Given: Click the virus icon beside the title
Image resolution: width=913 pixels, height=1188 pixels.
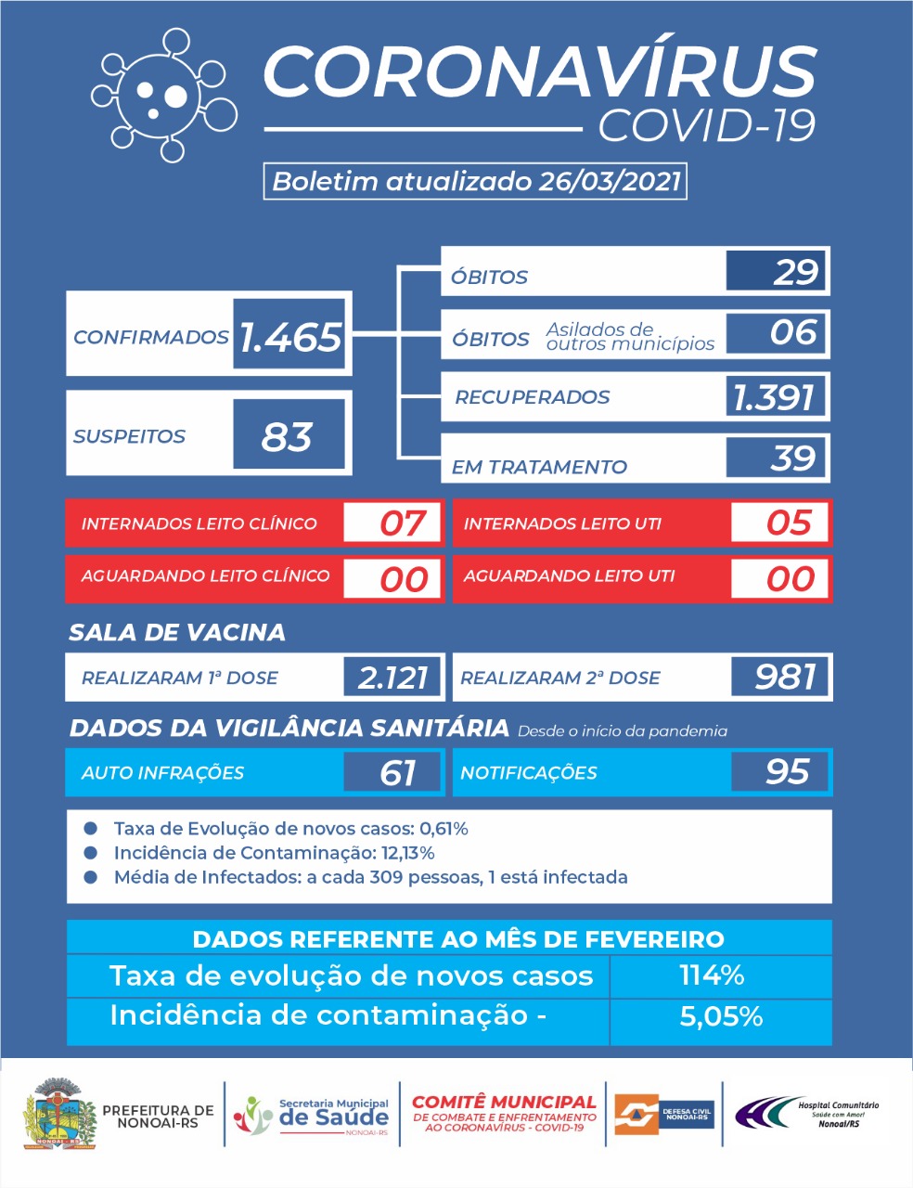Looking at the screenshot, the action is coord(164,96).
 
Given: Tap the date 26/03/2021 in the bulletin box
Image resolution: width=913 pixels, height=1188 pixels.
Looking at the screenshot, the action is coord(610,182).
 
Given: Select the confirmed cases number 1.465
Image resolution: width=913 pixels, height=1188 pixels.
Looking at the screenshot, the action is coord(290,337).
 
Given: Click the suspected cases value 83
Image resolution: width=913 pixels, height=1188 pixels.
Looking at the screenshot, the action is coord(287,437).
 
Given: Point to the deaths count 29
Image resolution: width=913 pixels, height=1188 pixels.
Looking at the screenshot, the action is coord(795,272).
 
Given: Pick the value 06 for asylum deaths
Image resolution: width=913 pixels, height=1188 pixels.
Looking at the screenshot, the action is coord(794,332).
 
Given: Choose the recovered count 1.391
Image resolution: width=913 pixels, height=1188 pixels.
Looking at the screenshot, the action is coord(773,397).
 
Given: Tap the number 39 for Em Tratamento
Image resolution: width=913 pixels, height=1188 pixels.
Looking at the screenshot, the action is coord(793,458).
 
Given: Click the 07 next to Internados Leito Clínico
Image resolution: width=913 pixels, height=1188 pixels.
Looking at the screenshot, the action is coord(404,523).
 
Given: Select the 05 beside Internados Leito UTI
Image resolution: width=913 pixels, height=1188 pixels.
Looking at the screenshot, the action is coord(790,523).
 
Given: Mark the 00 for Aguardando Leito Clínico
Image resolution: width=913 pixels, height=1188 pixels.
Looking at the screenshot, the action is coord(405,579).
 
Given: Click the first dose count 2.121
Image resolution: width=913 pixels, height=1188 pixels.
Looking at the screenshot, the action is coord(392,678).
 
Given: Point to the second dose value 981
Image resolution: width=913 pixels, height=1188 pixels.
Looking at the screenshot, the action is coord(786,677).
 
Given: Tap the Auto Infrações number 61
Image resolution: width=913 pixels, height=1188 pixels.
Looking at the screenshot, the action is coord(397,772).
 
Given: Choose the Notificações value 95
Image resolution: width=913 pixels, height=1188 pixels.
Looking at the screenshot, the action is coord(788,771).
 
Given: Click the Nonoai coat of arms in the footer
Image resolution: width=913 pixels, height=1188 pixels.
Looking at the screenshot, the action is coord(59,1113).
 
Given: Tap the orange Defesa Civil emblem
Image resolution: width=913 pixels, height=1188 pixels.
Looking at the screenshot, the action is coord(637,1114).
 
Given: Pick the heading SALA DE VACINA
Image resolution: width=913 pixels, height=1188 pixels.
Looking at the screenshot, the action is coord(177,633).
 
